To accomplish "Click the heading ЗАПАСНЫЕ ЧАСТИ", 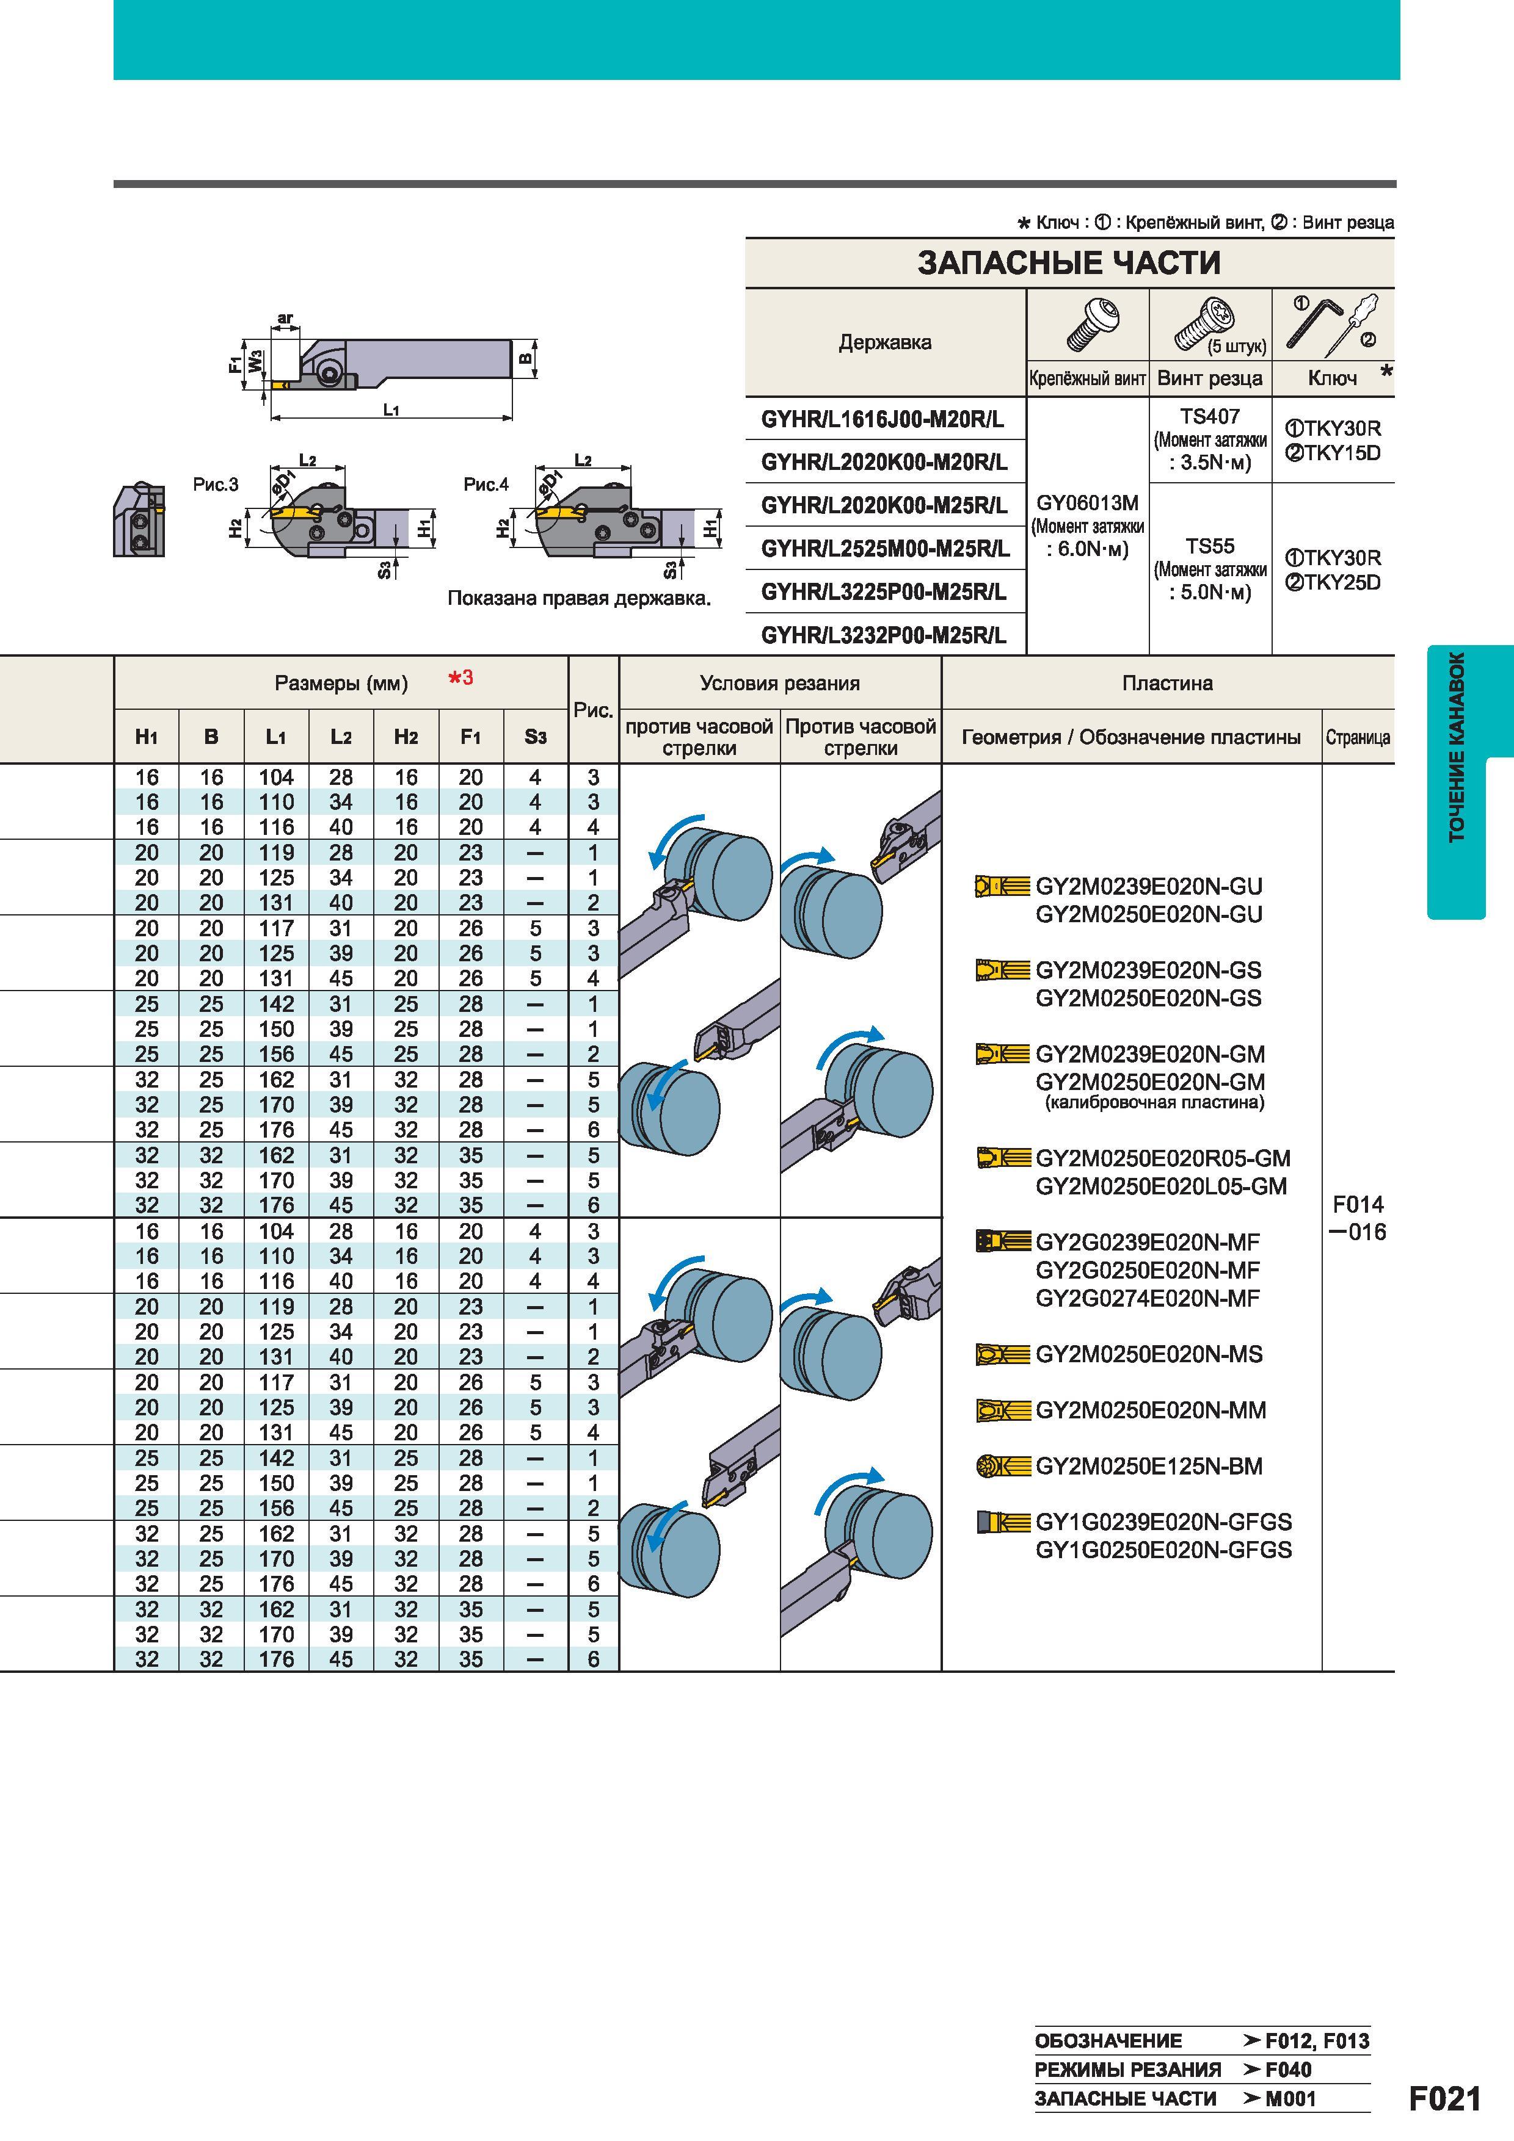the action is (x=1069, y=263).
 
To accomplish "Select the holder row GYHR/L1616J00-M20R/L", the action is (x=883, y=420).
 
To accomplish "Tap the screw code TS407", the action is (x=1210, y=417).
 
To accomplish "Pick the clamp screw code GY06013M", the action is (x=1088, y=504).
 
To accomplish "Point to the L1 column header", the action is (x=276, y=737).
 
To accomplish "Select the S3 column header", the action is (x=536, y=737).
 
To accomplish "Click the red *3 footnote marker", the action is (x=461, y=678).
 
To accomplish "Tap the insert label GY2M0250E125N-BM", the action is (x=1149, y=1466).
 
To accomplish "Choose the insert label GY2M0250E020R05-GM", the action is (x=1163, y=1158).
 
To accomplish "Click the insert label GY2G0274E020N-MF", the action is (x=1148, y=1298).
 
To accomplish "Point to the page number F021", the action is (x=1444, y=2099).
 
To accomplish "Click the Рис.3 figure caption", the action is (x=216, y=485).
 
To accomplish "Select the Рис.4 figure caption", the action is (x=486, y=485).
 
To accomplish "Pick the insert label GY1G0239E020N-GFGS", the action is (x=1164, y=1522).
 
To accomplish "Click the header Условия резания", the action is (x=780, y=684).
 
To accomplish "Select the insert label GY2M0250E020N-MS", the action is (x=1149, y=1354).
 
